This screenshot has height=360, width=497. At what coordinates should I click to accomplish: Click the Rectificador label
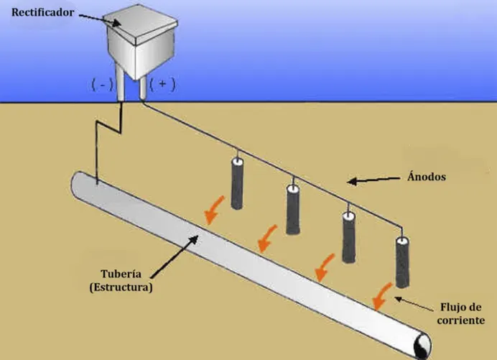coord(42,12)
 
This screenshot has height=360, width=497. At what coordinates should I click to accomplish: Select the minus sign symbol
coord(103,85)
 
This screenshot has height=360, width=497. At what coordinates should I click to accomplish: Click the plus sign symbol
coord(162,84)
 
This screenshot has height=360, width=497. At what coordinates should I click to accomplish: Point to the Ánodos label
coord(427,176)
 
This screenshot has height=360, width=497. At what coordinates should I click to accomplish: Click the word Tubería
coord(121,273)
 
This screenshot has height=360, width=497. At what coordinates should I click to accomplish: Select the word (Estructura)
coord(121,287)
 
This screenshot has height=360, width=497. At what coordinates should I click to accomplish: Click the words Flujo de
coord(461,307)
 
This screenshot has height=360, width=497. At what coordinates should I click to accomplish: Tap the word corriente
coord(461,320)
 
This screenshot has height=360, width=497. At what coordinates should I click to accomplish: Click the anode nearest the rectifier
coord(237,183)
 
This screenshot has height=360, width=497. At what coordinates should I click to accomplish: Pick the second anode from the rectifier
coord(293,209)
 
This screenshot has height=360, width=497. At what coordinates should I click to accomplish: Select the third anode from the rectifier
coord(348,237)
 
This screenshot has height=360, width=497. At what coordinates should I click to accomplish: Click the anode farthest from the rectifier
coord(402,262)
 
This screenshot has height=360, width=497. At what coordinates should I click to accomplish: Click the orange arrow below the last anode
coord(382,296)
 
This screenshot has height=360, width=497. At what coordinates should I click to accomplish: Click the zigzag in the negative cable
coord(108,121)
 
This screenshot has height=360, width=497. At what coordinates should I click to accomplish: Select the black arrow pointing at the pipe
coord(175,257)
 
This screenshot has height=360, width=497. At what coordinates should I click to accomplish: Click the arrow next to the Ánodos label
coord(373,180)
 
